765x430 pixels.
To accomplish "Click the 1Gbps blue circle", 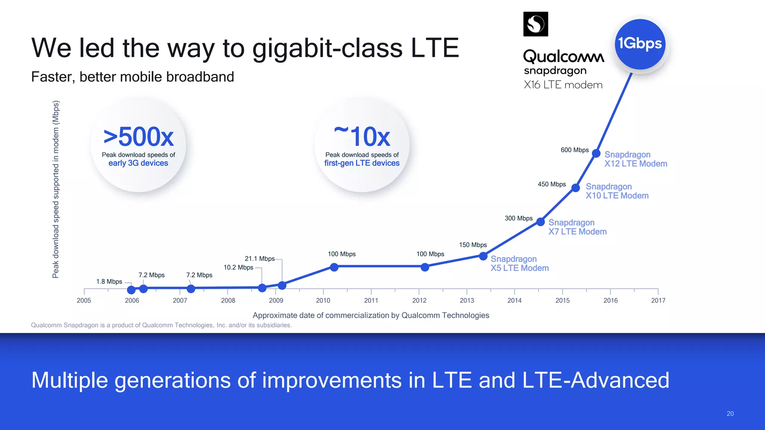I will pyautogui.click(x=640, y=44).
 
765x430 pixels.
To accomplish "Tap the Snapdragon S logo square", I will pyautogui.click(x=536, y=24).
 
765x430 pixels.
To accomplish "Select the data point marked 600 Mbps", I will pyautogui.click(x=596, y=153).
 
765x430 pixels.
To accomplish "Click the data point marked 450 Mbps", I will pyautogui.click(x=576, y=188).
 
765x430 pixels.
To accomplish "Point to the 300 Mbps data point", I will pyautogui.click(x=541, y=222).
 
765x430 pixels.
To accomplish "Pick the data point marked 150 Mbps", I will pyautogui.click(x=483, y=256).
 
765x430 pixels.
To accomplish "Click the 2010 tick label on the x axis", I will pyautogui.click(x=323, y=300).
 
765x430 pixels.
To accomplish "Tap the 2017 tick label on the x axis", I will pyautogui.click(x=658, y=300).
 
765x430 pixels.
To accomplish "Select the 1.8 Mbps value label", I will pyautogui.click(x=109, y=281).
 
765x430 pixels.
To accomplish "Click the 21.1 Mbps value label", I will pyautogui.click(x=260, y=259).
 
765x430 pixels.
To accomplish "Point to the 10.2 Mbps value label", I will pyautogui.click(x=238, y=267).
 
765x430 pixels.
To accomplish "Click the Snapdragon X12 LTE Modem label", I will pyautogui.click(x=635, y=159).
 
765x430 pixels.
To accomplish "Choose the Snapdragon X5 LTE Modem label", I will pyautogui.click(x=519, y=264).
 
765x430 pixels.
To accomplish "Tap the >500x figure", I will pyautogui.click(x=138, y=137).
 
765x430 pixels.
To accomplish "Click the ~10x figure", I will pyautogui.click(x=362, y=136).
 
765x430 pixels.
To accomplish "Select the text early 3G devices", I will pyautogui.click(x=138, y=163).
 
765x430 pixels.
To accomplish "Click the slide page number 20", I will pyautogui.click(x=730, y=414).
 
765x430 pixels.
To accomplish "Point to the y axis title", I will pyautogui.click(x=56, y=189).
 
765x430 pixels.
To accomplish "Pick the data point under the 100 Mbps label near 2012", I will pyautogui.click(x=425, y=267).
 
